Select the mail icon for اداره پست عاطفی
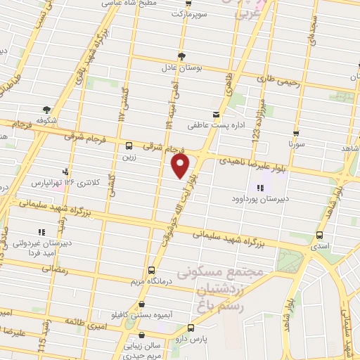tap(216, 114)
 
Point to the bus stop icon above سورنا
tap(296, 133)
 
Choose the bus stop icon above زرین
tap(128, 146)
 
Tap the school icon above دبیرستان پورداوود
tap(259, 188)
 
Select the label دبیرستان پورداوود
tap(259, 199)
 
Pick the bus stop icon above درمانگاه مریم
tap(151, 270)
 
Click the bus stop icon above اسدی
tap(320, 236)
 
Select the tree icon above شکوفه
tap(46, 109)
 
